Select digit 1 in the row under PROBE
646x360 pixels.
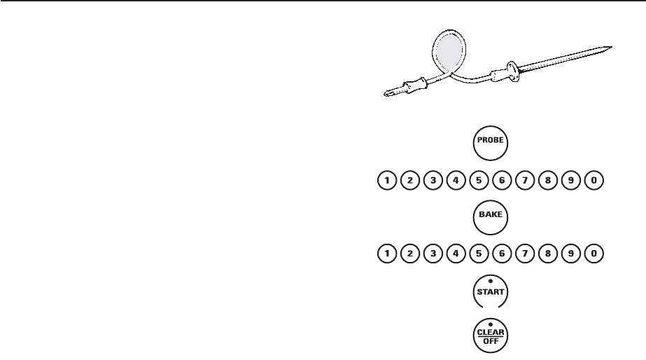(386, 181)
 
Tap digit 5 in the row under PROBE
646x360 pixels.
(479, 181)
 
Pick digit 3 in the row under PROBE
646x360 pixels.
(433, 181)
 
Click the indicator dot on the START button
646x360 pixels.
(490, 282)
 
